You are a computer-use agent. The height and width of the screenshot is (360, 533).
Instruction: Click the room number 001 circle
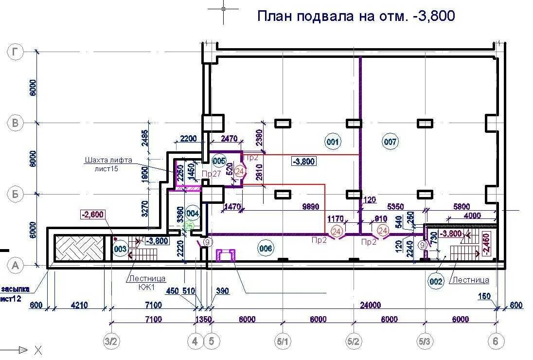pyautogui.click(x=333, y=142)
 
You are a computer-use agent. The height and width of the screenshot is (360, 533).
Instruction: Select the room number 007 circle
pyautogui.click(x=391, y=142)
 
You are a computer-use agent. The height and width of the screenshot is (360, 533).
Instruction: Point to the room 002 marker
pyautogui.click(x=436, y=281)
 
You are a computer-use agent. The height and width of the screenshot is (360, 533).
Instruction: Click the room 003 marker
pyautogui.click(x=120, y=249)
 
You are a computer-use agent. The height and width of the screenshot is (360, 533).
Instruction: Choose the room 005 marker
pyautogui.click(x=219, y=161)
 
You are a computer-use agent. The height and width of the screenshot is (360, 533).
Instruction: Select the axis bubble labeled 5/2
pyautogui.click(x=354, y=342)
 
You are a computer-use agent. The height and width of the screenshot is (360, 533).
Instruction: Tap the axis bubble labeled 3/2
pyautogui.click(x=112, y=342)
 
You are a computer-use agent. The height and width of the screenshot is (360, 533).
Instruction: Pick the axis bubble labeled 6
pyautogui.click(x=496, y=342)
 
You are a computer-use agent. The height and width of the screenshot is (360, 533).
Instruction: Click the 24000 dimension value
pyautogui.click(x=371, y=305)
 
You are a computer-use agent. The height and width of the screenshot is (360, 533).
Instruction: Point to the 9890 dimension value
pyautogui.click(x=310, y=207)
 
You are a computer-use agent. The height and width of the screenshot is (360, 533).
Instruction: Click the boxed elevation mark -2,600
pyautogui.click(x=92, y=215)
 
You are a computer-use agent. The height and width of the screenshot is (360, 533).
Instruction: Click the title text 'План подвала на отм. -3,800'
pyautogui.click(x=355, y=16)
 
